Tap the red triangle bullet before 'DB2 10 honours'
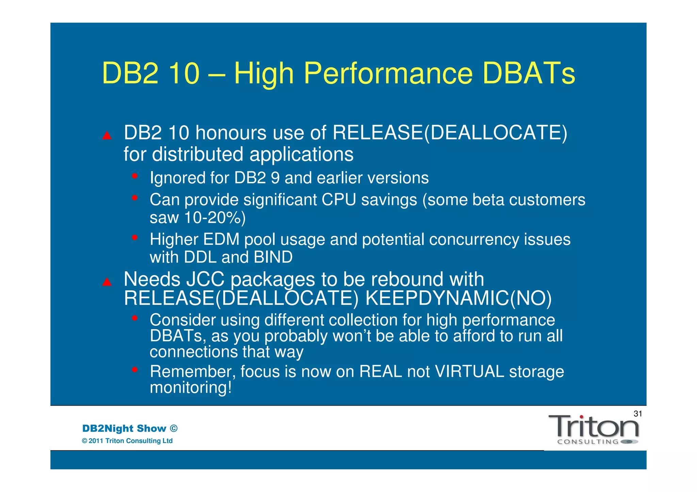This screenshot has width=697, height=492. (x=107, y=136)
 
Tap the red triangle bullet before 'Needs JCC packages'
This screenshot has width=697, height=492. (x=107, y=282)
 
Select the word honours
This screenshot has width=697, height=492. (x=231, y=133)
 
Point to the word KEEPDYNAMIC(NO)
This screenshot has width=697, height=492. (x=458, y=298)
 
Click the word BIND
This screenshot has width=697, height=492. (x=273, y=257)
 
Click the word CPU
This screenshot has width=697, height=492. (x=339, y=200)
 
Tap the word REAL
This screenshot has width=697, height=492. (x=380, y=371)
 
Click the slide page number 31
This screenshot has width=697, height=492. (x=637, y=413)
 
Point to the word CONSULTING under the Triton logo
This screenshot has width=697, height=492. (x=588, y=442)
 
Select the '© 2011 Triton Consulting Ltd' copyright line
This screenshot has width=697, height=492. (x=127, y=441)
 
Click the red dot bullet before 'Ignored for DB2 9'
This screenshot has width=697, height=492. (x=135, y=176)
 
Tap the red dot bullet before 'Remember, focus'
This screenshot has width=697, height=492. (x=135, y=369)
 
